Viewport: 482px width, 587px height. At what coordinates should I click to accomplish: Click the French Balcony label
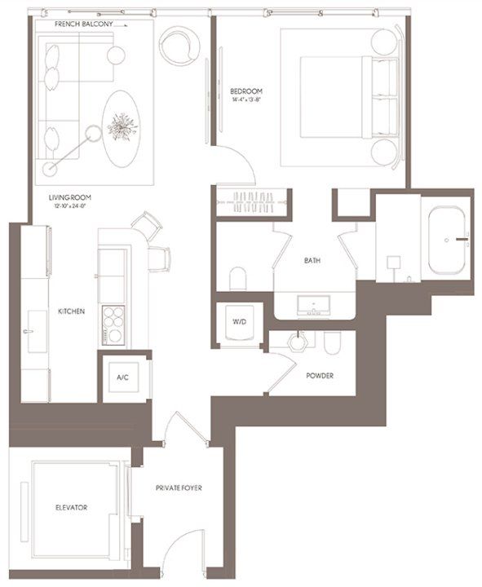coord(83,25)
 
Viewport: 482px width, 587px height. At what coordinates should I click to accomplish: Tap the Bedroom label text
coord(245,90)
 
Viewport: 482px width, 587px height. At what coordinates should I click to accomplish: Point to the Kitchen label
coord(71,311)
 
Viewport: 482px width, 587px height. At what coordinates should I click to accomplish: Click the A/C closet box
coord(123,377)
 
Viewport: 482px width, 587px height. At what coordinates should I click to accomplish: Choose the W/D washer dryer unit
coord(239,323)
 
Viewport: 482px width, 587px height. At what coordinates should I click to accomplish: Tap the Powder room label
coord(319,376)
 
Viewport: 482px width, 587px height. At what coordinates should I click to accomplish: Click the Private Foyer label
coord(179,488)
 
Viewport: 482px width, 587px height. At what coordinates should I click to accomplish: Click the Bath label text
coord(312,262)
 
